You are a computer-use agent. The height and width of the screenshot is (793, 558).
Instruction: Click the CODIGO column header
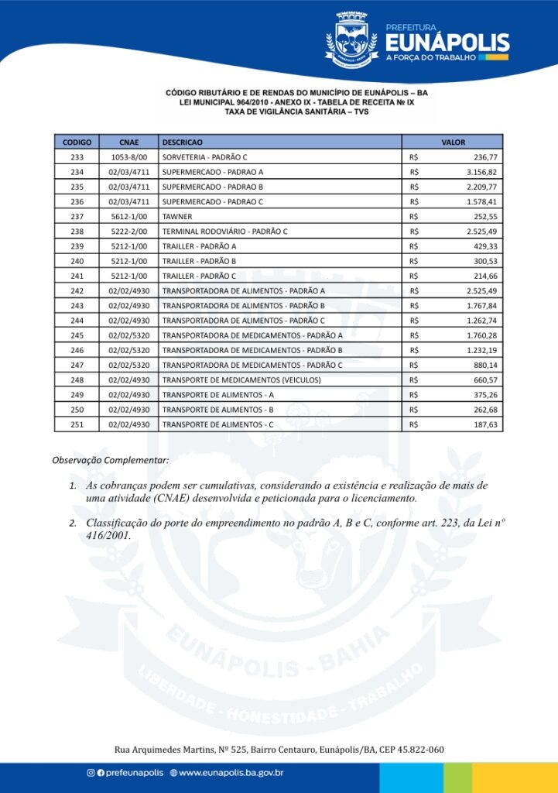click(x=77, y=142)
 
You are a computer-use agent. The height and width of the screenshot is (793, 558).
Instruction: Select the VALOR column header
click(x=453, y=142)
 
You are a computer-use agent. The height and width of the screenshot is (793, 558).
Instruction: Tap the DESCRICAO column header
click(x=183, y=142)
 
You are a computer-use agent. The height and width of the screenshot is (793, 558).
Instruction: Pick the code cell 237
click(x=77, y=217)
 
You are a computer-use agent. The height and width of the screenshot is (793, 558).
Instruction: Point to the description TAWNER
click(x=177, y=217)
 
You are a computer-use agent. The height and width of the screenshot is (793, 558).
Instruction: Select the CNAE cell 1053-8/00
click(x=128, y=157)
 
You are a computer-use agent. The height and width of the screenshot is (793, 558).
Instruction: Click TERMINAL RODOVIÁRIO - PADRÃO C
click(x=224, y=232)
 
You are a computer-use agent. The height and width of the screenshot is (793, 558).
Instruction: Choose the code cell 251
click(x=77, y=424)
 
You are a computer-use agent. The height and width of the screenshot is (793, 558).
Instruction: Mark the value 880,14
click(x=485, y=365)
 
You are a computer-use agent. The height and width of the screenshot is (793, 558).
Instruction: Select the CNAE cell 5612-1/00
click(x=128, y=217)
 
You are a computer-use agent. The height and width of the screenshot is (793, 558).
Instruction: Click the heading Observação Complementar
click(x=110, y=461)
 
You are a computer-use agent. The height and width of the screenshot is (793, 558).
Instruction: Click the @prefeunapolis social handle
click(x=128, y=773)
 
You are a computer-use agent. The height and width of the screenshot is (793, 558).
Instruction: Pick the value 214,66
click(x=485, y=276)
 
